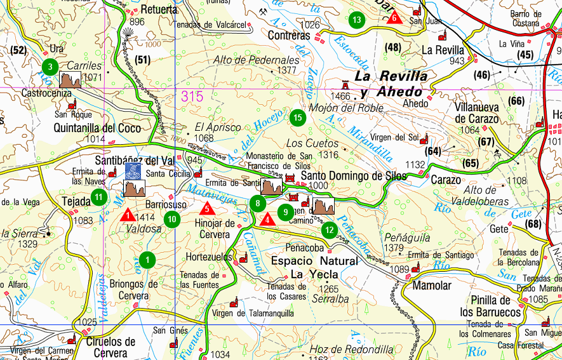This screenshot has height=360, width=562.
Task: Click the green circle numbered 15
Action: [297, 117]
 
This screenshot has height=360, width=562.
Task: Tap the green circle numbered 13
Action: [357, 20]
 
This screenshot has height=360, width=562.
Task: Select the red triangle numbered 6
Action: [394, 17]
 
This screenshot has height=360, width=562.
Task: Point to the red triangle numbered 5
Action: [206, 208]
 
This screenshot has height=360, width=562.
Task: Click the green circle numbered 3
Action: [50, 65]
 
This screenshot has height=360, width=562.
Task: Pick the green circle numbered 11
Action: [98, 197]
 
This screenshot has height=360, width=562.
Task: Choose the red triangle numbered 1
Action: [128, 215]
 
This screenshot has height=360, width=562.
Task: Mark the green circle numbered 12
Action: [329, 230]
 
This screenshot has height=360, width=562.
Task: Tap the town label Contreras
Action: [289, 36]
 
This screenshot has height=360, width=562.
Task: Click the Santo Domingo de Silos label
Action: [353, 177]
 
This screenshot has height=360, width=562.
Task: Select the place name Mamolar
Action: [432, 286]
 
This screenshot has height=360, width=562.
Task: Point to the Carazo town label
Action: [446, 180]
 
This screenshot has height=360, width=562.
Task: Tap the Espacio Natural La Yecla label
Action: [314, 267]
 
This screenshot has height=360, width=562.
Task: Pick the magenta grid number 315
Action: [192, 97]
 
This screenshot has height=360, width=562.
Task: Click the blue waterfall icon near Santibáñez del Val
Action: [133, 170]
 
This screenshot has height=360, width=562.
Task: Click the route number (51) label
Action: [142, 60]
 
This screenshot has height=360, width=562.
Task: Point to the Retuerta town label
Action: [159, 10]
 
